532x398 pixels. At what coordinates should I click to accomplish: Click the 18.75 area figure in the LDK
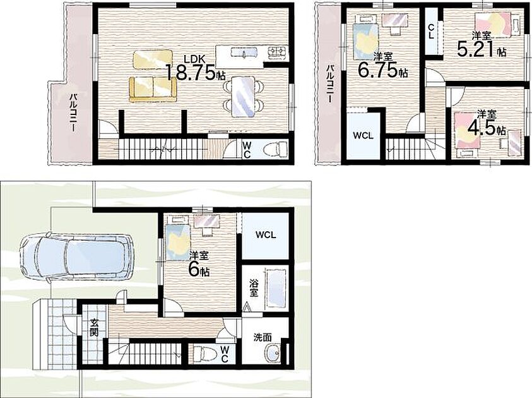191,71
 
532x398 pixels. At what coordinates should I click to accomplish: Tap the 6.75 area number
378,70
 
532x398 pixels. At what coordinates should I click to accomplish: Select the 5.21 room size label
476,50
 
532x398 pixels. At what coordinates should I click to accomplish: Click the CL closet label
431,31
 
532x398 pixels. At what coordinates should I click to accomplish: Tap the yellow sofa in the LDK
153,89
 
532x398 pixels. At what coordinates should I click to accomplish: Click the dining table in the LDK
243,97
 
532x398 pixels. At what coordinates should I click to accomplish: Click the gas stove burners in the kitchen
278,52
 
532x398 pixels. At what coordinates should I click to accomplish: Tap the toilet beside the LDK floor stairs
278,149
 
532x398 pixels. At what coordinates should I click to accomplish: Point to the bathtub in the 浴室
276,288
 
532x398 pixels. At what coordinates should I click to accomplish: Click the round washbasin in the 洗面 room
273,353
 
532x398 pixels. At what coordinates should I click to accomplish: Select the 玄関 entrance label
94,327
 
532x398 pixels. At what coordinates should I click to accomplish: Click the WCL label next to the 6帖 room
266,234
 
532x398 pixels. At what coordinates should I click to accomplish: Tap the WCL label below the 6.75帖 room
363,136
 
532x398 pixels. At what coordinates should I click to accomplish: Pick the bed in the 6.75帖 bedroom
365,37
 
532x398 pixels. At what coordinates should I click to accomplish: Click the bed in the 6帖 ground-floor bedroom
178,239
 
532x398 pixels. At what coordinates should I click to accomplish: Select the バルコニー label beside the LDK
73,112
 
